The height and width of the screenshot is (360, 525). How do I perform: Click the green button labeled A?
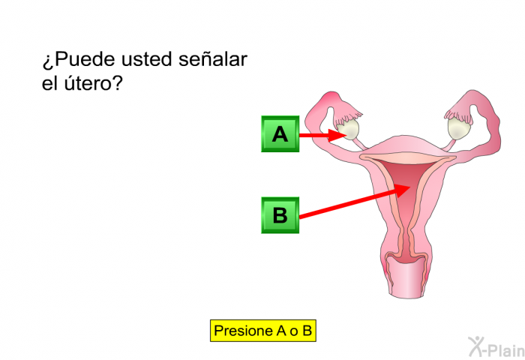[280, 134]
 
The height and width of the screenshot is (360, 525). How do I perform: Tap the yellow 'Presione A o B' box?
[263, 331]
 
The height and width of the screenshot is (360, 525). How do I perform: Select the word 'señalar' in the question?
[213, 59]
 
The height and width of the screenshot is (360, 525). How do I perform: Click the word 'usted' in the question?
[147, 59]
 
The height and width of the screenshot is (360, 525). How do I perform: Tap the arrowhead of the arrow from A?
[337, 135]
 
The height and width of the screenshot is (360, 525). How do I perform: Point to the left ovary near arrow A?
[348, 129]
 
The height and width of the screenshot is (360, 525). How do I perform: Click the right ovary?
[460, 127]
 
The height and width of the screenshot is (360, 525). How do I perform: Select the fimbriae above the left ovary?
[347, 114]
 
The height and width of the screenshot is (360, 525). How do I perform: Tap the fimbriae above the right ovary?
[459, 112]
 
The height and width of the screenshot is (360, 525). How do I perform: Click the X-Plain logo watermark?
[496, 347]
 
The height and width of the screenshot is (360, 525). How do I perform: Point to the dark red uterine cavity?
[406, 186]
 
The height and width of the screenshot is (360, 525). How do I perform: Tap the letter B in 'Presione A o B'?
[307, 331]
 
